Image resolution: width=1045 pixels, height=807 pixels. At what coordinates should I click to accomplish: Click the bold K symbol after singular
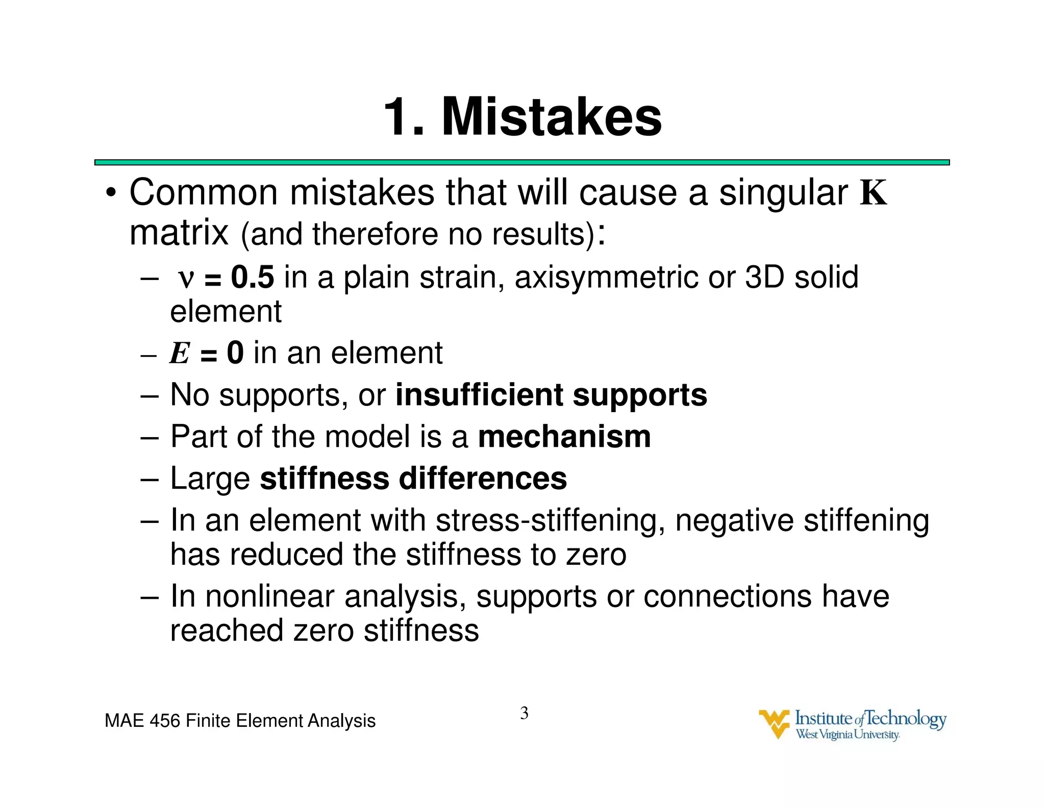pos(874,193)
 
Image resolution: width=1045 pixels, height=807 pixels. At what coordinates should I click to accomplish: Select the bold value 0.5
pos(253,278)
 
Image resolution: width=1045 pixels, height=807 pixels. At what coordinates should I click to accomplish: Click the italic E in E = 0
pos(180,353)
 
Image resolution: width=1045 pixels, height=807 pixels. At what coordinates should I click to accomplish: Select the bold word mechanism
pos(564,437)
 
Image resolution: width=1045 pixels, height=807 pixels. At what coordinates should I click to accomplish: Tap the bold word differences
pos(483,478)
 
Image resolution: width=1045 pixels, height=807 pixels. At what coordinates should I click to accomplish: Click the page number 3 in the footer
pos(524,713)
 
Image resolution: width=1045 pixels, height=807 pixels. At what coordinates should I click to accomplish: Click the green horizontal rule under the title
pos(521,162)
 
